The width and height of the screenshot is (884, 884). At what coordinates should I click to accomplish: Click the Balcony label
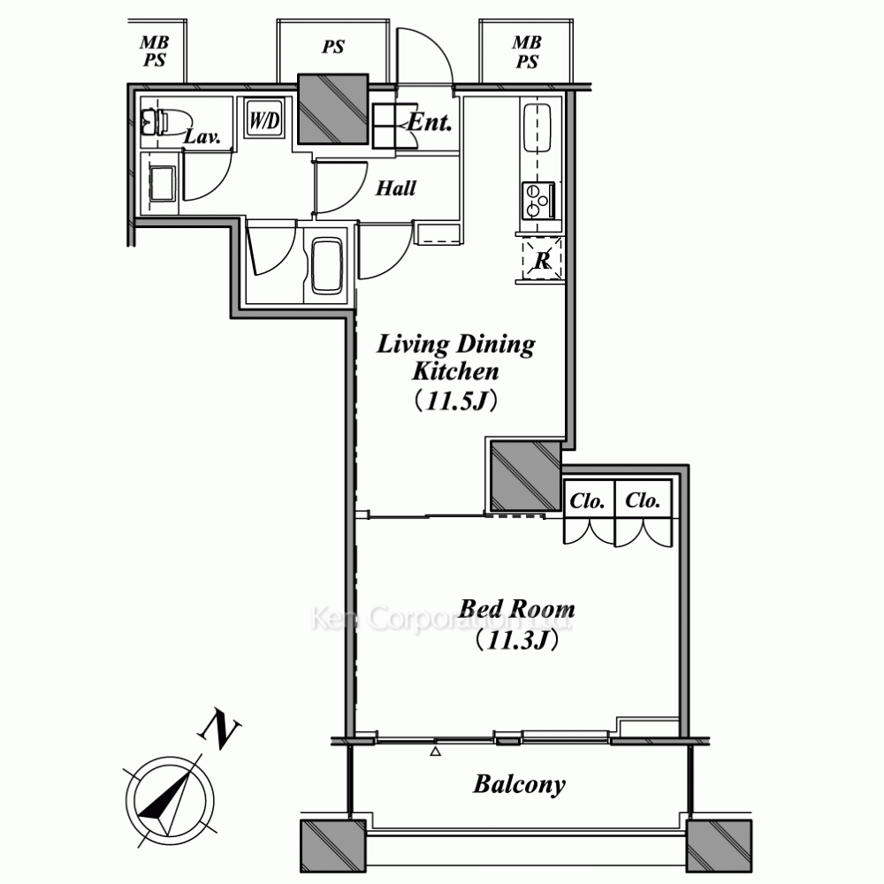[x=519, y=784]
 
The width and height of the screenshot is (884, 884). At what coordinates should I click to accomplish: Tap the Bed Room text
[x=517, y=609]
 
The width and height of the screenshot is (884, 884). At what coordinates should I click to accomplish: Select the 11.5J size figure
[x=456, y=400]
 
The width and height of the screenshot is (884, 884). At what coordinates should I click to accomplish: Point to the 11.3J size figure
[x=517, y=640]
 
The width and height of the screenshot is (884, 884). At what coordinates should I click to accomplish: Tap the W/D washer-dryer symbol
[x=264, y=120]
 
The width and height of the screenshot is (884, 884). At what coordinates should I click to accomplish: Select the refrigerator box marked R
[x=542, y=259]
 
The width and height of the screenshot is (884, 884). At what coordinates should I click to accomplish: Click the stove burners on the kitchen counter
[x=538, y=200]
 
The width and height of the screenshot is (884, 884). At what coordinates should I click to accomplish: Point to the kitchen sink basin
[x=537, y=128]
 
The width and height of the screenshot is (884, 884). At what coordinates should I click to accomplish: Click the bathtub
[x=327, y=266]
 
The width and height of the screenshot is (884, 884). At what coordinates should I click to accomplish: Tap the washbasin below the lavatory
[x=163, y=183]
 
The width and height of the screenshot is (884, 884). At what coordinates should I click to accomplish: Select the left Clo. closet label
[x=587, y=500]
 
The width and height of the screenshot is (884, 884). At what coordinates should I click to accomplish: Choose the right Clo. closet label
[x=642, y=500]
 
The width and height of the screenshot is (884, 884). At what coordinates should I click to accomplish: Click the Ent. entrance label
[x=430, y=122]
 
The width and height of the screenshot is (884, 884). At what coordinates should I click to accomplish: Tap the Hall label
[x=396, y=187]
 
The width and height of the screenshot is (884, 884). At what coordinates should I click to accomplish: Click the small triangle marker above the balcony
[x=435, y=751]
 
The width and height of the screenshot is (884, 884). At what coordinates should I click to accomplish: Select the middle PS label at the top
[x=333, y=47]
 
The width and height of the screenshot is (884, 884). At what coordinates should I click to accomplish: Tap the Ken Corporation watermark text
[x=441, y=618]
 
